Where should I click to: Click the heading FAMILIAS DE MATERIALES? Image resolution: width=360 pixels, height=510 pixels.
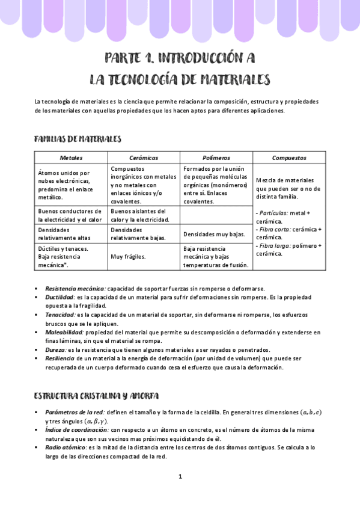click(x=78, y=139)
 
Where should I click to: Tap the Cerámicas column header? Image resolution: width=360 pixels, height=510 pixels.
click(x=144, y=158)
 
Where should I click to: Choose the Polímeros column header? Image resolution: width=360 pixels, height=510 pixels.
click(x=216, y=158)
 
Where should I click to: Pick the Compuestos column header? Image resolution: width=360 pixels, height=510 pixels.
click(x=289, y=158)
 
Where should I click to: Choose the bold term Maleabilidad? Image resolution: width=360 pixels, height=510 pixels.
click(x=64, y=332)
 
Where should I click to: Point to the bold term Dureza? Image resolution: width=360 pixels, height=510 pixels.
click(x=55, y=350)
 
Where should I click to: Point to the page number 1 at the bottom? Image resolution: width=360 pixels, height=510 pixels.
click(x=180, y=476)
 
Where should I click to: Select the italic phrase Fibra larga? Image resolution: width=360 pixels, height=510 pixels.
click(x=273, y=245)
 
